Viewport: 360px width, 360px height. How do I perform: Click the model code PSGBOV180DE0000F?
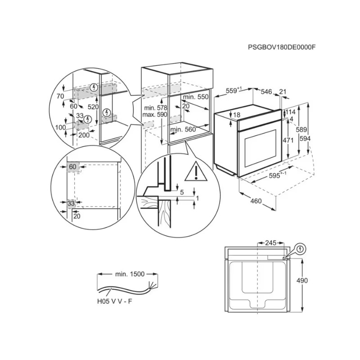(x=282, y=47)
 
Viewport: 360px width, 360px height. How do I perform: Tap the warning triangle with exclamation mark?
(x=196, y=171)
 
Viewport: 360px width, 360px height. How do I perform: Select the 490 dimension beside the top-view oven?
(x=302, y=280)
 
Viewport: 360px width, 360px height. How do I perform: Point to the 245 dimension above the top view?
(x=271, y=243)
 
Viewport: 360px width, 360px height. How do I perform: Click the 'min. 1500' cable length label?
(x=130, y=274)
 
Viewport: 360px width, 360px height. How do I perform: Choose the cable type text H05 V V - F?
(x=115, y=301)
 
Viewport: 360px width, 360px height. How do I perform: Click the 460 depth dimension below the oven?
(x=256, y=201)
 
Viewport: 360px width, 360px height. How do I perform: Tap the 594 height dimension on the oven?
(x=305, y=139)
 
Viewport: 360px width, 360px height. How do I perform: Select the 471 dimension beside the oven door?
(x=288, y=140)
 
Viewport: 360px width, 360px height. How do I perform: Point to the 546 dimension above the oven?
(x=266, y=92)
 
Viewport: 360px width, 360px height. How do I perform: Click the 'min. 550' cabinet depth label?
(x=196, y=97)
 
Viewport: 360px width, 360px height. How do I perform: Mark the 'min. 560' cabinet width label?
(x=183, y=130)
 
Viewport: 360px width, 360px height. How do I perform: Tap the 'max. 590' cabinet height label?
(x=155, y=114)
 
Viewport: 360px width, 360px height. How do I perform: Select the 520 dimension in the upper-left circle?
(x=93, y=107)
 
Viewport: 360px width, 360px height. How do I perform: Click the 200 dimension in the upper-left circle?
(x=84, y=135)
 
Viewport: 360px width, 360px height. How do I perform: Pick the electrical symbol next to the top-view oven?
(x=300, y=249)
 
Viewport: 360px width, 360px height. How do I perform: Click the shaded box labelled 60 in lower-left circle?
(x=73, y=166)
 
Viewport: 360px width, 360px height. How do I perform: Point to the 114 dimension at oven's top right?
(x=290, y=112)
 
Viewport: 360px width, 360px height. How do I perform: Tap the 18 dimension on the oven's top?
(x=237, y=115)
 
